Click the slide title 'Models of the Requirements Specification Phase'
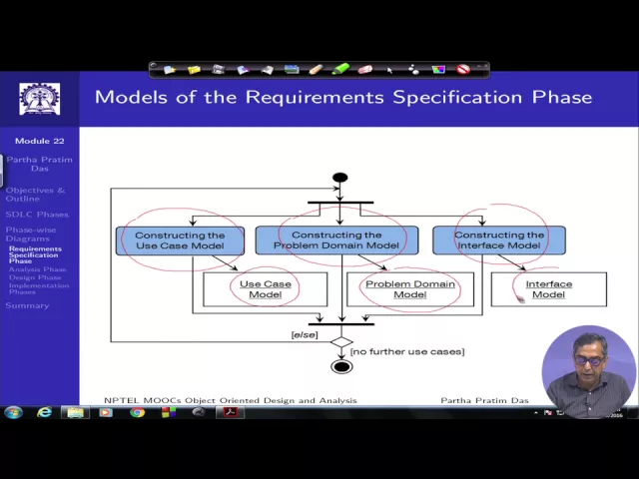pyautogui.click(x=342, y=97)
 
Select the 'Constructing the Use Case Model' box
pyautogui.click(x=180, y=240)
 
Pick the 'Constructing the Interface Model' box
pyautogui.click(x=499, y=240)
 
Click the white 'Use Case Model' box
pyautogui.click(x=265, y=289)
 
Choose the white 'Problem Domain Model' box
pyautogui.click(x=409, y=289)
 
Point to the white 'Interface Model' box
pyautogui.click(x=548, y=289)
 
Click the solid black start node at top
pyautogui.click(x=340, y=178)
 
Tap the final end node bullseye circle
pyautogui.click(x=341, y=366)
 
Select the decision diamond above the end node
pyautogui.click(x=341, y=342)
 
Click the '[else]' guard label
pyautogui.click(x=304, y=334)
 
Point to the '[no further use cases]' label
pyautogui.click(x=407, y=351)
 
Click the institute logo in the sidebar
pyautogui.click(x=39, y=99)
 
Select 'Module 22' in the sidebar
pyautogui.click(x=39, y=142)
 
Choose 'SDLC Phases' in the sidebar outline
pyautogui.click(x=37, y=215)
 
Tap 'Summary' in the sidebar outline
pyautogui.click(x=27, y=305)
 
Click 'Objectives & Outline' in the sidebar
pyautogui.click(x=35, y=194)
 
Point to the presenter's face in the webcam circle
pyautogui.click(x=589, y=359)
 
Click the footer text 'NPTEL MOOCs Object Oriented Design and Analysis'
pyautogui.click(x=230, y=400)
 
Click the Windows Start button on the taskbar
pyautogui.click(x=14, y=412)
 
